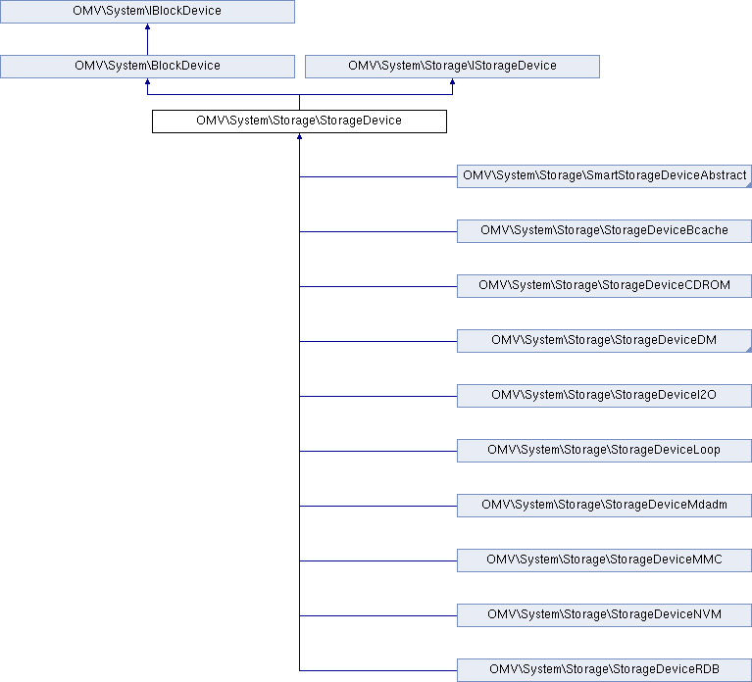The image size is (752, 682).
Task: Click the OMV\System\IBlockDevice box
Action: click(147, 12)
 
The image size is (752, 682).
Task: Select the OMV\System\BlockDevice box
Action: click(147, 66)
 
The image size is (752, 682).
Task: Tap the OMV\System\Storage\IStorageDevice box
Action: click(452, 66)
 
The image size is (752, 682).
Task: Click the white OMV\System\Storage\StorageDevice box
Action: click(299, 122)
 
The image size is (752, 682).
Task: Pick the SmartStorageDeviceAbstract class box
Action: click(604, 176)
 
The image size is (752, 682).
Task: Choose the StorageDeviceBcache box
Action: click(604, 231)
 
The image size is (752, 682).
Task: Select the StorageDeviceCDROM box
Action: click(604, 286)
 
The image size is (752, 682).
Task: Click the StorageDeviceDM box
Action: click(604, 341)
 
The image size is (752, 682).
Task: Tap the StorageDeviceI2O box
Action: click(604, 396)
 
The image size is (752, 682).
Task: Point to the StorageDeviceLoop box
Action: click(604, 451)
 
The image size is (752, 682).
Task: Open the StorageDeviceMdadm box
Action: click(604, 506)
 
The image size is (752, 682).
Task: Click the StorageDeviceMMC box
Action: click(604, 560)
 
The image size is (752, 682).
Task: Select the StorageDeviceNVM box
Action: click(604, 615)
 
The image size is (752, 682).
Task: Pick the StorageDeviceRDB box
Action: click(604, 670)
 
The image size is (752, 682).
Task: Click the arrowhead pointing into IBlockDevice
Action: click(147, 26)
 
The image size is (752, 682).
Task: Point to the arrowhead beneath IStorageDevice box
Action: click(452, 81)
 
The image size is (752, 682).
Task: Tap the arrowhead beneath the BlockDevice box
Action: click(147, 81)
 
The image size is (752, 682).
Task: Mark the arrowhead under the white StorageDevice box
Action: click(299, 136)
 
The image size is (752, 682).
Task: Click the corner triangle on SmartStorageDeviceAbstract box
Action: click(749, 185)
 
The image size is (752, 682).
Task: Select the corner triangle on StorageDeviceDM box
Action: click(749, 350)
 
